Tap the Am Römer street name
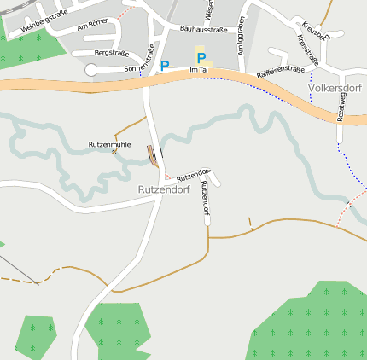[x=92, y=26]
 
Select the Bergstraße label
[x=111, y=53]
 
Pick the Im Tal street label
[x=199, y=69]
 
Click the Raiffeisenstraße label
[x=281, y=72]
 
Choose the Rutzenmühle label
[x=109, y=145]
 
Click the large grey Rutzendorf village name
[x=163, y=189]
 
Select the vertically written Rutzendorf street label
[x=204, y=197]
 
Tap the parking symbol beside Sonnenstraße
[x=165, y=65]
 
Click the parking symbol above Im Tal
[x=201, y=58]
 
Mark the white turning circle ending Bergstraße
[x=91, y=69]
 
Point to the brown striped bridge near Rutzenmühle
[x=152, y=155]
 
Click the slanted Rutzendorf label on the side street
[x=193, y=175]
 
